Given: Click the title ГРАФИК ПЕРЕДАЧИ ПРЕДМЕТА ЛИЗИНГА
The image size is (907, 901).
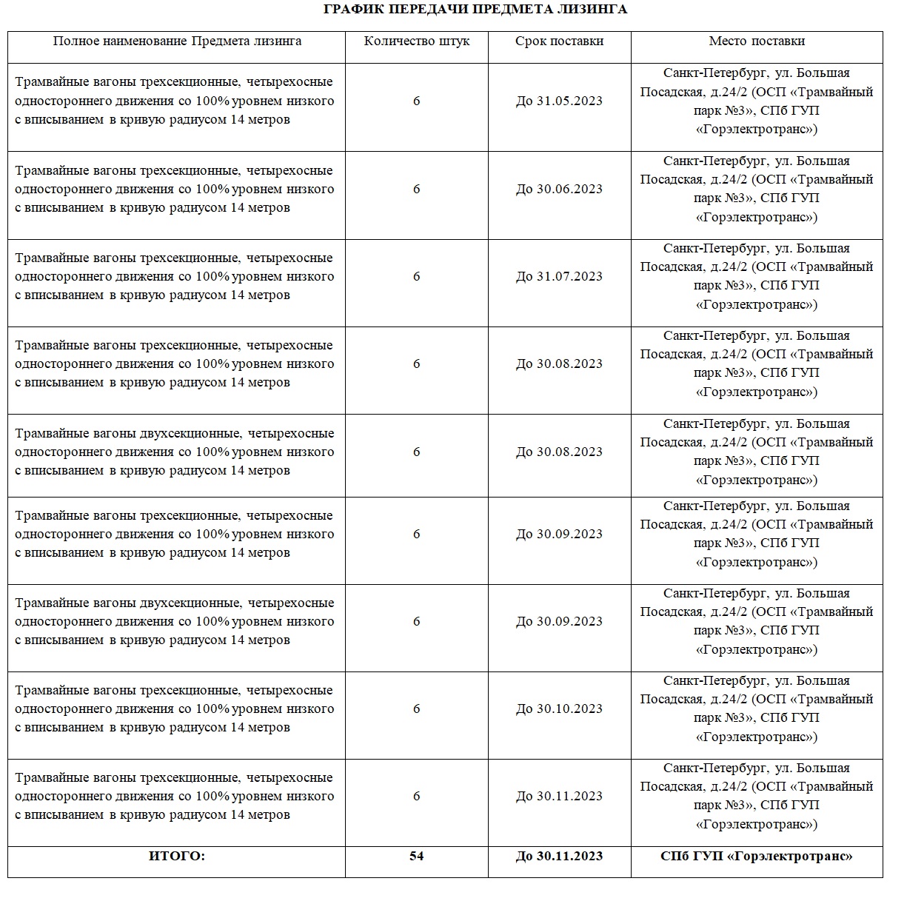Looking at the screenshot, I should [476, 10].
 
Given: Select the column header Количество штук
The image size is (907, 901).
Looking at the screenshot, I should [416, 41].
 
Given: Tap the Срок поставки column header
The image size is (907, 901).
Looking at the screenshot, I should [559, 41].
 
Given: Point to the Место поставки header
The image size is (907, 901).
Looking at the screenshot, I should [756, 41].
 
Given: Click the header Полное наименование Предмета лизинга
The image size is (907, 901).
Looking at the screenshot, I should [177, 41].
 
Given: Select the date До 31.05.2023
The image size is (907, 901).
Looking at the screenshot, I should [559, 101].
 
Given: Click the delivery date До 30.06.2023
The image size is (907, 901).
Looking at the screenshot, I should [559, 190].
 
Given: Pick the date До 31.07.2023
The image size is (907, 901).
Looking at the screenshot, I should [559, 277].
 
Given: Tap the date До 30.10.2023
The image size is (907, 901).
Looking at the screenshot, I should [559, 709].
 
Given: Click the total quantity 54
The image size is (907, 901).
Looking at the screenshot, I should [416, 857].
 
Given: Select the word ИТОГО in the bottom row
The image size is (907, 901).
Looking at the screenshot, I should [177, 857].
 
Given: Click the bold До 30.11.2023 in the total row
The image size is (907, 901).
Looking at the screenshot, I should [559, 857].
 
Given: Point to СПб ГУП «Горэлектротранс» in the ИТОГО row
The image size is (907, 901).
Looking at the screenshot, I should [756, 857].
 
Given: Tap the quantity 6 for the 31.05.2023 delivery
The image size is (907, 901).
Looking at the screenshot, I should [416, 101].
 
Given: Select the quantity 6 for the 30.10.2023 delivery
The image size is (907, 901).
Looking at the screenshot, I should [416, 709].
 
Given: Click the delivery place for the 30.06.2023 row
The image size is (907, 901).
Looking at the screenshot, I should [756, 190].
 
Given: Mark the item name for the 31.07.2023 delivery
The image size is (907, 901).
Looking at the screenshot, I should [175, 277].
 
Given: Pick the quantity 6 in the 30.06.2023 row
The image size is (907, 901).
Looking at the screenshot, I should [416, 190].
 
